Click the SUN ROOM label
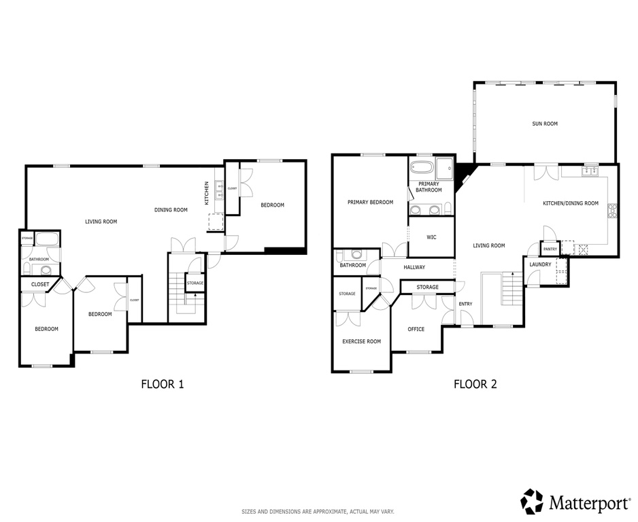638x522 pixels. pos(545,124)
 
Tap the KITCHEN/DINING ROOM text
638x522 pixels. pos(570,203)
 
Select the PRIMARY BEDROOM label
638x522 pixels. pos(370,202)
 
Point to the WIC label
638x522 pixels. pos(431,237)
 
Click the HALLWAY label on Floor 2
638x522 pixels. pos(414,267)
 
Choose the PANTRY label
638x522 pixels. pos(550,249)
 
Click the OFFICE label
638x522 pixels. pos(416,329)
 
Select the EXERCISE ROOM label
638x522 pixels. pos(361,341)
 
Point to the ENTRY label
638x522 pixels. pos(465,304)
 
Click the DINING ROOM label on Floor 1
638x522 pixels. pos(171,210)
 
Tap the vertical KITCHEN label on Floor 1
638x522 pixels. pos(207,192)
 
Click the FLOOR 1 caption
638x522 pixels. pos(163,384)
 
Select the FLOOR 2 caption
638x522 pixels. pos(475,384)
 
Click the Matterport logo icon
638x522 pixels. pos(532,501)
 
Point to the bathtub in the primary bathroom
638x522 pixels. pos(422,168)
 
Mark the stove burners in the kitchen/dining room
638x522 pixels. pos(613,211)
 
